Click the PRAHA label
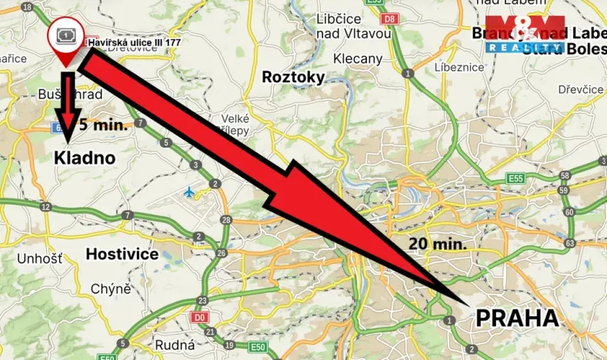click(x=516, y=318)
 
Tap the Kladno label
click(x=85, y=158)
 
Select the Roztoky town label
click(x=293, y=77)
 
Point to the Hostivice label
click(x=122, y=253)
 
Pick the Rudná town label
click(x=173, y=345)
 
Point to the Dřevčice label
click(x=581, y=89)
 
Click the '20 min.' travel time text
click(x=438, y=244)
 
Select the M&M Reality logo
click(x=525, y=35)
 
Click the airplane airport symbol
click(x=190, y=192)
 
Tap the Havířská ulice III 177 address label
click(x=134, y=42)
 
